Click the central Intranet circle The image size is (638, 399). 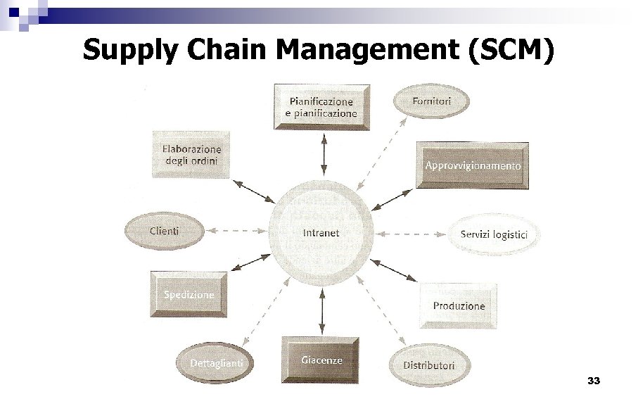(321, 233)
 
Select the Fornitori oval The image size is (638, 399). (430, 101)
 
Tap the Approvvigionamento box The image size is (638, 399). (472, 166)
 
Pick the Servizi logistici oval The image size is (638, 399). (494, 235)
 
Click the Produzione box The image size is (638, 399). (459, 306)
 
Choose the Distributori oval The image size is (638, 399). (428, 365)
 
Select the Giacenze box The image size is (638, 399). (321, 360)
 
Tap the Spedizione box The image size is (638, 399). (189, 295)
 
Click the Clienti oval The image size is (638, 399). (165, 231)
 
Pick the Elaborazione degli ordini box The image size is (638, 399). (191, 155)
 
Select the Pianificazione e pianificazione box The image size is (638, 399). (321, 108)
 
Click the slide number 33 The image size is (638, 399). (593, 381)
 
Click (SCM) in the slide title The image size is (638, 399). (511, 50)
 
